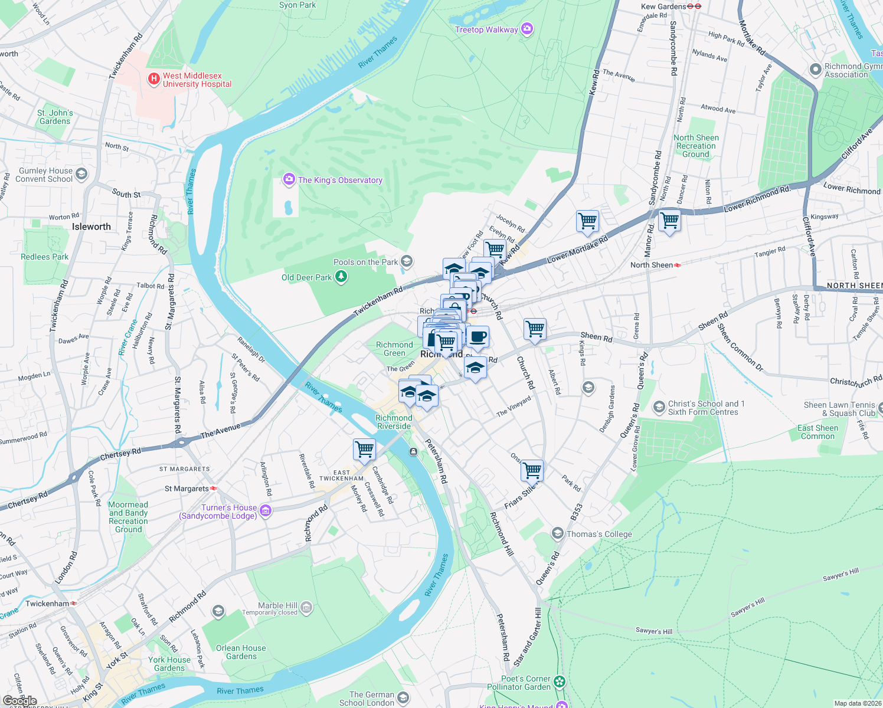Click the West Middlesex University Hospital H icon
tap(153, 78)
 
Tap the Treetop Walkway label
tap(486, 29)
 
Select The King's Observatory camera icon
tap(289, 179)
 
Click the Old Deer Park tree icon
tap(341, 277)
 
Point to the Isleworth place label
tap(91, 227)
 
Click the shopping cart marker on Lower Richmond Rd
tap(669, 221)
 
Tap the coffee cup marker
tap(478, 337)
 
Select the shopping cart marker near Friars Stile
tap(532, 470)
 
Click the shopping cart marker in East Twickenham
tap(365, 449)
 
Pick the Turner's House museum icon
tap(266, 511)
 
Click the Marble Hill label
tap(277, 606)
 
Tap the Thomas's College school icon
tap(557, 534)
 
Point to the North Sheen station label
tap(651, 265)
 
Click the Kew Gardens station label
tap(663, 6)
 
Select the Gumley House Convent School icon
tap(81, 174)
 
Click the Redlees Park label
tap(44, 257)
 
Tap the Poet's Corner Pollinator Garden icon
tap(559, 683)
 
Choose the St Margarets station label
tap(187, 489)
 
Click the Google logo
tap(19, 701)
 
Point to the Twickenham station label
tap(47, 604)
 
